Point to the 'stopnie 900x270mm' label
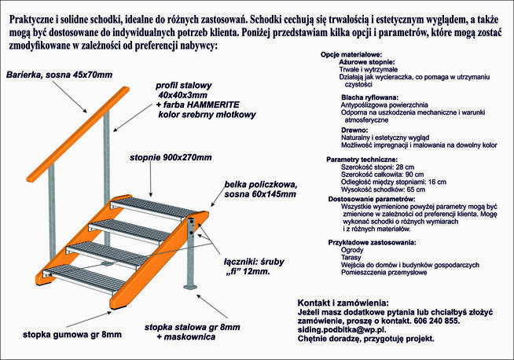[170, 158]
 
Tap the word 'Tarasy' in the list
[351, 257]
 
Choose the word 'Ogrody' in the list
[353, 249]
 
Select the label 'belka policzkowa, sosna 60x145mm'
[259, 189]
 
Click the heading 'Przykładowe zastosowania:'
[372, 241]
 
